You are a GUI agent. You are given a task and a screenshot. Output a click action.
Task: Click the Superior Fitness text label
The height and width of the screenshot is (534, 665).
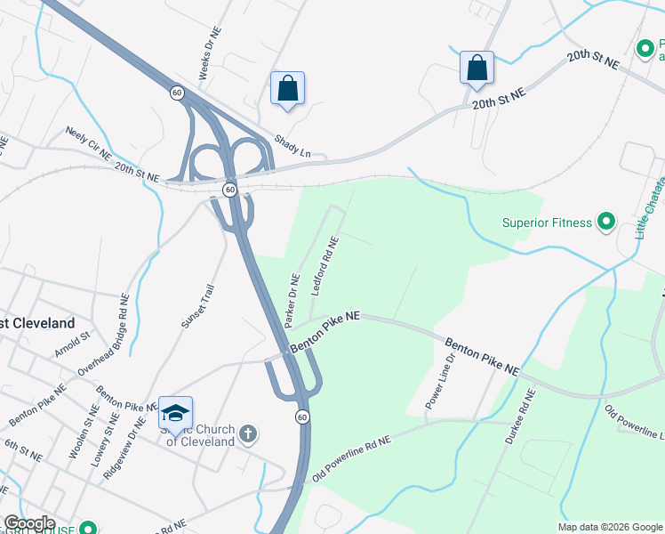(546, 222)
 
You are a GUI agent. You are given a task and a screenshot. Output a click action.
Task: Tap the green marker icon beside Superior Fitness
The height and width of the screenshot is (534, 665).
(606, 221)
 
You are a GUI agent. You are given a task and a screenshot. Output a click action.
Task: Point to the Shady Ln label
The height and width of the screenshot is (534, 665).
(292, 146)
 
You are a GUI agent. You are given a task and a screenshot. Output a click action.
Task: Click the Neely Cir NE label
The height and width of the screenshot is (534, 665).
(88, 143)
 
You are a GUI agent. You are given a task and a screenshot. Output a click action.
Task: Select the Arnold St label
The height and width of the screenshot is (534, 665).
(73, 344)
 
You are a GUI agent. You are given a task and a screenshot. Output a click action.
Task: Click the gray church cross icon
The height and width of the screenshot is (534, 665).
(248, 434)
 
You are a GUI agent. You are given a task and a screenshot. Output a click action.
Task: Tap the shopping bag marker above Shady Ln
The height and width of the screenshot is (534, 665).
(287, 88)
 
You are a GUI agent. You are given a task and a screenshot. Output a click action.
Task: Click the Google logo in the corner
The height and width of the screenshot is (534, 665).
(28, 523)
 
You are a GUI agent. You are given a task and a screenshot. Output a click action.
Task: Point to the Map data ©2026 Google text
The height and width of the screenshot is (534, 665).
(609, 527)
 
